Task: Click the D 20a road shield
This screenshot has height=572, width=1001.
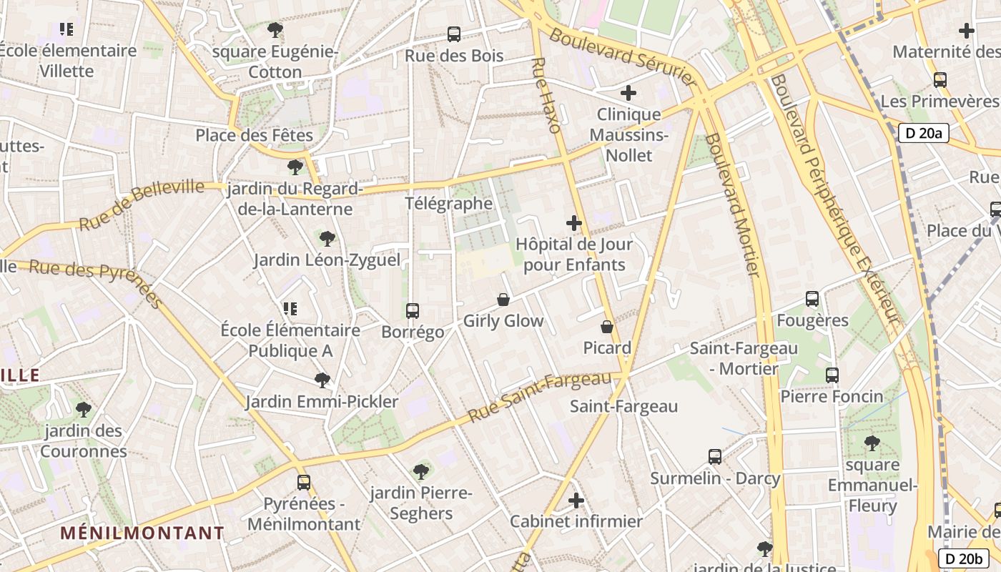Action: tap(923, 132)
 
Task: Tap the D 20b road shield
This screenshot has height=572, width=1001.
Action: tap(963, 558)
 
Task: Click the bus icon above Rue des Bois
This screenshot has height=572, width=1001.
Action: tap(453, 34)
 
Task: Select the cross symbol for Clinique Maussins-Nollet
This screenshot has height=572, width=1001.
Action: tap(628, 93)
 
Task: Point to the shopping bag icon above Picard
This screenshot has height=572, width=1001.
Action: tap(607, 327)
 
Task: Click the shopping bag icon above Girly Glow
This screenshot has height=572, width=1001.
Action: tap(503, 300)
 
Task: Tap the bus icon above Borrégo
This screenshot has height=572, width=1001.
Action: tap(413, 310)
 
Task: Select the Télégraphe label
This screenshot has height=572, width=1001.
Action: tap(449, 204)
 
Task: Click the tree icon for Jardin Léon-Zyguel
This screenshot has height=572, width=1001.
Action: tap(327, 238)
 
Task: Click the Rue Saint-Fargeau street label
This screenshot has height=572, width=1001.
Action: tap(545, 395)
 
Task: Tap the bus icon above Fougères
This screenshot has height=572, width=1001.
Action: tap(812, 299)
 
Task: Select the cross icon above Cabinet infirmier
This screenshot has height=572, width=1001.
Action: tap(576, 500)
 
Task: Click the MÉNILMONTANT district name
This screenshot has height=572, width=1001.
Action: tap(142, 533)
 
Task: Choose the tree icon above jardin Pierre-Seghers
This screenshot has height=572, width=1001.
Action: tap(421, 471)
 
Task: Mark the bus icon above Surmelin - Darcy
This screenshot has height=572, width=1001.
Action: tap(714, 456)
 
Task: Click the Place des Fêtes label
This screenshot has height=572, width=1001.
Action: tap(255, 135)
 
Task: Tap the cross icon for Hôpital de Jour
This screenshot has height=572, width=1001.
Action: tap(574, 223)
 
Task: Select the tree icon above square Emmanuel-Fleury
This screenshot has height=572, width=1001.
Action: tap(872, 443)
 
